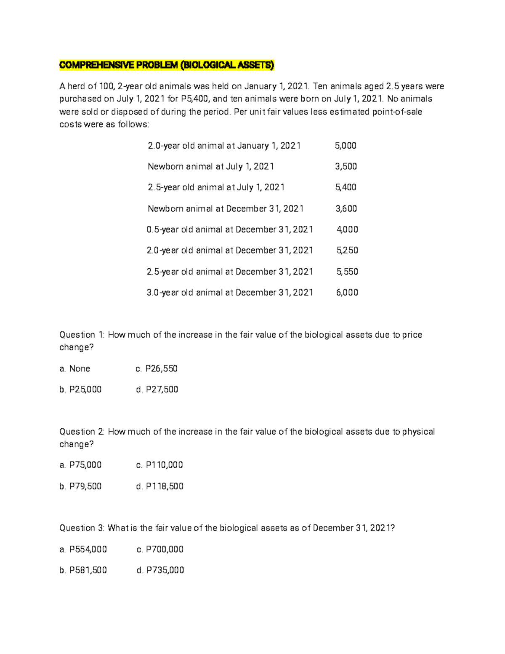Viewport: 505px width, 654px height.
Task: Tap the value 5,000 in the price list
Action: tap(346, 146)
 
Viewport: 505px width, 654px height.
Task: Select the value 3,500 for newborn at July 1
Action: tap(346, 167)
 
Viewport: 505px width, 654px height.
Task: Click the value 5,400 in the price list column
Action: tap(346, 187)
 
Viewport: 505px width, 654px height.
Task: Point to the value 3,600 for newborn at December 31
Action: tap(346, 209)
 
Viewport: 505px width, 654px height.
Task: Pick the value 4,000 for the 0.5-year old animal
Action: tap(347, 230)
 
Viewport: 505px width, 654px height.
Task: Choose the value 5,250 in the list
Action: tap(347, 251)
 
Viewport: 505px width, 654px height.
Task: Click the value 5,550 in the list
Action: tap(347, 272)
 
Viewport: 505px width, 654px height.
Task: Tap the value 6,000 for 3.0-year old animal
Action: tap(347, 293)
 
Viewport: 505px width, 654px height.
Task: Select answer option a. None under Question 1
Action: tap(75, 369)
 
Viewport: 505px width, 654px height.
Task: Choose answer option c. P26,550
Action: tap(157, 369)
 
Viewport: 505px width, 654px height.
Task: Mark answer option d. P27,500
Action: tap(157, 390)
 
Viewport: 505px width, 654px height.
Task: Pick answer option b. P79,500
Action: tap(80, 486)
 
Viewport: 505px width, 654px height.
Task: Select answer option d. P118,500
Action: tap(160, 486)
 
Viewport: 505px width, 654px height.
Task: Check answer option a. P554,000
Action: tap(83, 550)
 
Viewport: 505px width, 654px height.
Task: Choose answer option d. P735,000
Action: tap(160, 571)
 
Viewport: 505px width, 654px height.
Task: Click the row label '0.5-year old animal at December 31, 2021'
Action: tap(230, 230)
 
